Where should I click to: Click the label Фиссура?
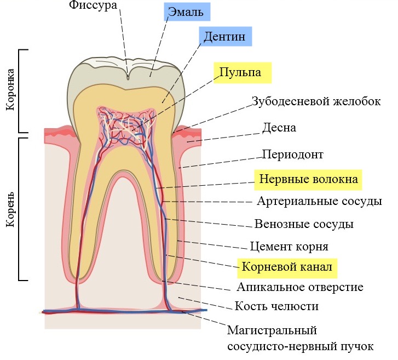click(x=93, y=5)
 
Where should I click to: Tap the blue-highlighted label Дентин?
click(x=224, y=36)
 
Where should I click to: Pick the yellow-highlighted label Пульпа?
click(x=240, y=72)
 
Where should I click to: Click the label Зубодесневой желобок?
click(x=316, y=101)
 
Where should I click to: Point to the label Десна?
click(x=279, y=128)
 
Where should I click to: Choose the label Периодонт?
click(x=293, y=155)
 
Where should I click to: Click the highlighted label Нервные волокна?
click(x=308, y=179)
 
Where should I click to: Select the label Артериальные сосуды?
click(x=319, y=201)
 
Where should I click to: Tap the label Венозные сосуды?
click(x=304, y=224)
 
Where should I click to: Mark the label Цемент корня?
click(x=289, y=247)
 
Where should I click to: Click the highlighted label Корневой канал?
click(x=287, y=267)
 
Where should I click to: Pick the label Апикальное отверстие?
click(x=300, y=287)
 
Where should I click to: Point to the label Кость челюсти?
click(x=276, y=306)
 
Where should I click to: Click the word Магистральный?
click(x=272, y=331)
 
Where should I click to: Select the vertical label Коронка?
click(x=10, y=89)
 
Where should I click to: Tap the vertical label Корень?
click(x=10, y=209)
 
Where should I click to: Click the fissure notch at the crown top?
click(x=128, y=76)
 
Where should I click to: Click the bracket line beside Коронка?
click(x=19, y=91)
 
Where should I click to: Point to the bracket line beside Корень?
click(x=19, y=209)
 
